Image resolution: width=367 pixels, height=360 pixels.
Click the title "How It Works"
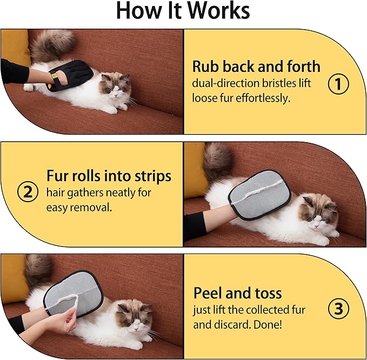pos(183,11)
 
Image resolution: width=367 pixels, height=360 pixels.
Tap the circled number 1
pos(338,84)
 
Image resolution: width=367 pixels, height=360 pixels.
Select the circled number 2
pos(28,192)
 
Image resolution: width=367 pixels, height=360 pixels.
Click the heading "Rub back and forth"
pos(256,67)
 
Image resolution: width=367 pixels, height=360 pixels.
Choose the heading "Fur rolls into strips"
pos(109,176)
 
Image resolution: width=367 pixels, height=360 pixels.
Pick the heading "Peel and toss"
pos(237,294)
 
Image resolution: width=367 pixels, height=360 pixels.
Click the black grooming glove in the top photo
pos(70,75)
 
